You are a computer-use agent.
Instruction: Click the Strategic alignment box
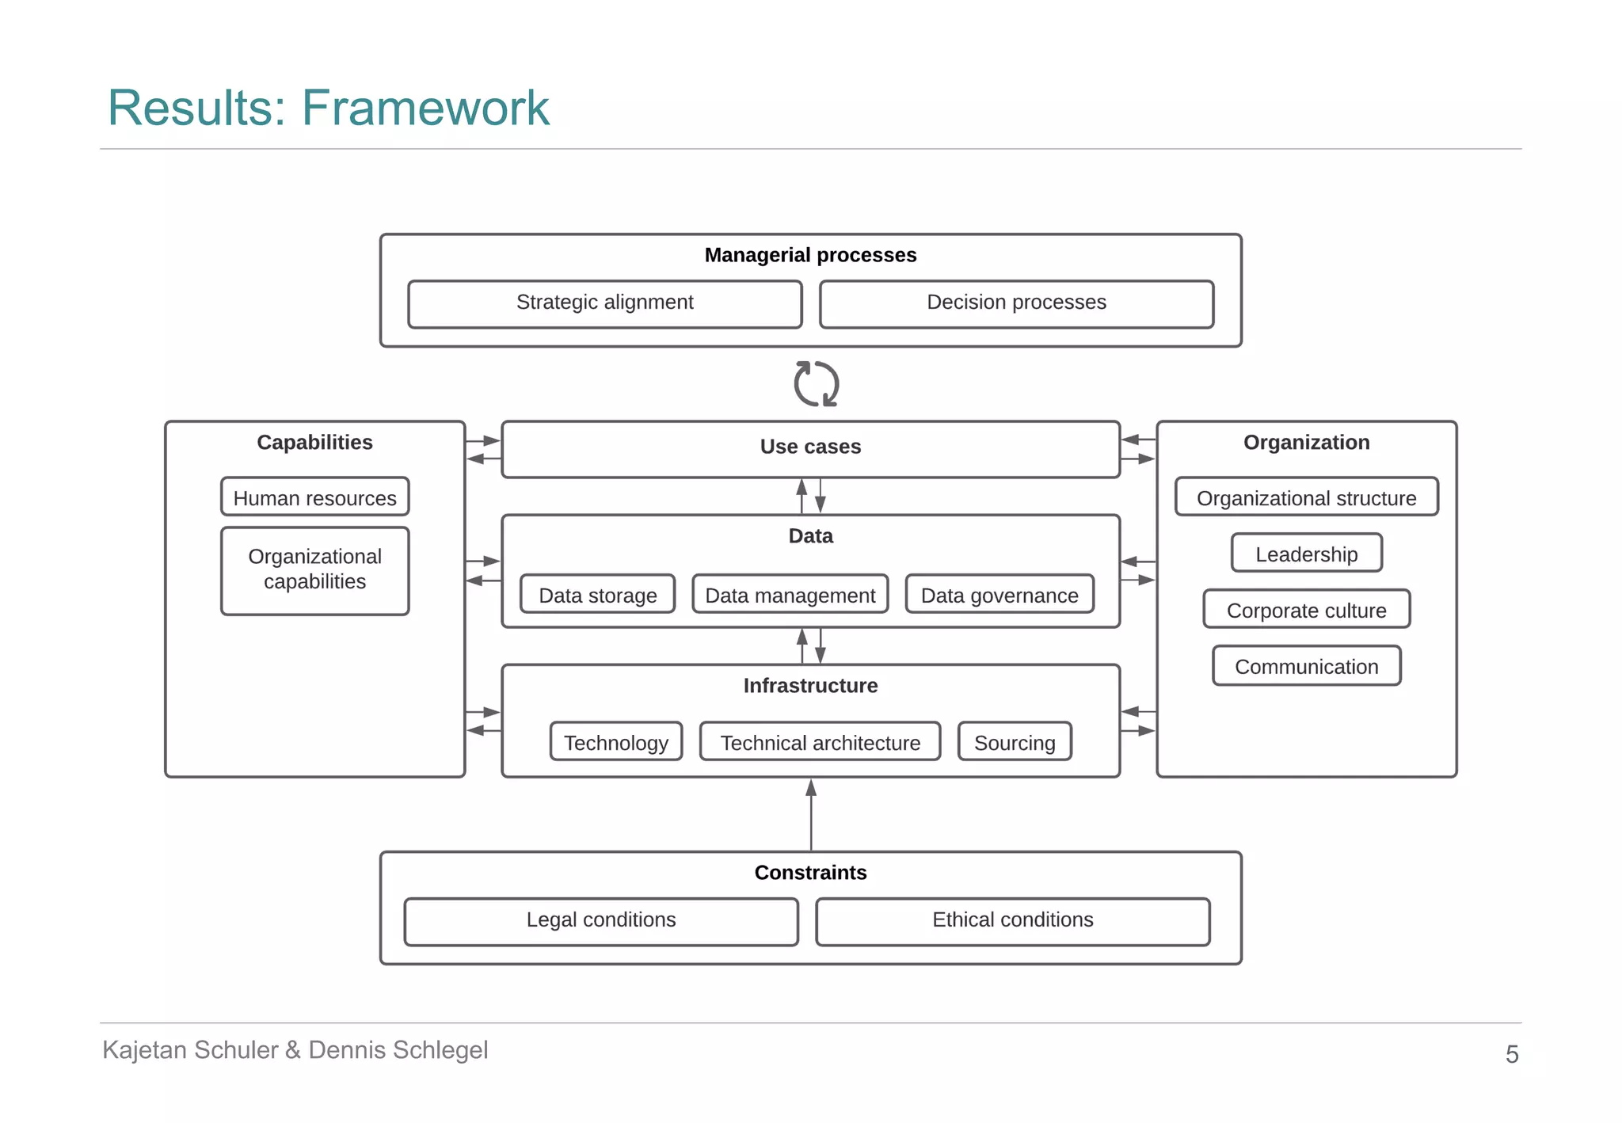click(x=604, y=303)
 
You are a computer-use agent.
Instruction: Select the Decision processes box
click(x=1016, y=303)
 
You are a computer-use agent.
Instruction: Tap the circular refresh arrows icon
click(x=816, y=384)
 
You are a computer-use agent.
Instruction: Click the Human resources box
click(x=314, y=497)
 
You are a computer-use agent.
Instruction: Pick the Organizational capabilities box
click(x=314, y=569)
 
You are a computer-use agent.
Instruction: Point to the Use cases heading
click(x=810, y=447)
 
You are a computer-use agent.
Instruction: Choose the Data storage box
click(x=597, y=595)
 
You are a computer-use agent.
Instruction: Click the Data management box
click(x=790, y=595)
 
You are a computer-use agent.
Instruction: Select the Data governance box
click(x=999, y=595)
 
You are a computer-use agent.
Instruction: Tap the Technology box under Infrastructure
click(x=615, y=742)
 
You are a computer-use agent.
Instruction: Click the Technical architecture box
click(x=820, y=742)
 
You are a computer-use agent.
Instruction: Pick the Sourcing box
click(x=1014, y=742)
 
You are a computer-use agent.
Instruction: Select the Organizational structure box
click(x=1306, y=497)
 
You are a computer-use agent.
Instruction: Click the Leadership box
click(x=1306, y=554)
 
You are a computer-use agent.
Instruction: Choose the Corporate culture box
click(x=1306, y=610)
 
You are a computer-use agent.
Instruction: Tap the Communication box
click(x=1306, y=666)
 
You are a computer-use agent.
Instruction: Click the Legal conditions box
click(x=600, y=920)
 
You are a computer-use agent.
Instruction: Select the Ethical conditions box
click(x=1012, y=920)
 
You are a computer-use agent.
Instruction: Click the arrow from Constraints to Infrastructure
click(x=810, y=816)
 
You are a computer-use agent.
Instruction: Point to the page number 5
click(x=1511, y=1054)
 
